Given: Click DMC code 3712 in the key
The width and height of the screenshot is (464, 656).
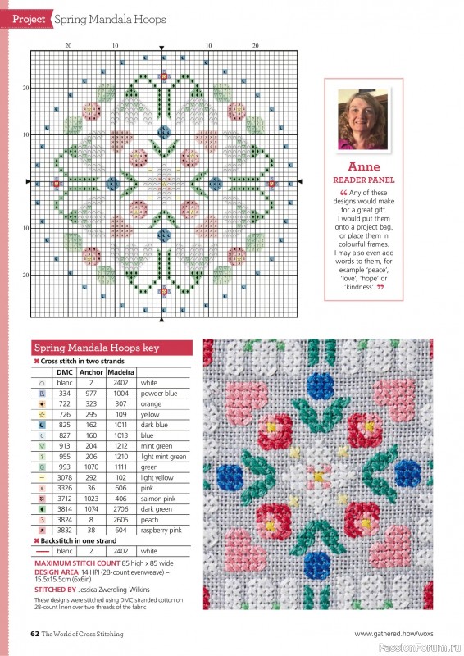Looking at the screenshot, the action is [x=64, y=498].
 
